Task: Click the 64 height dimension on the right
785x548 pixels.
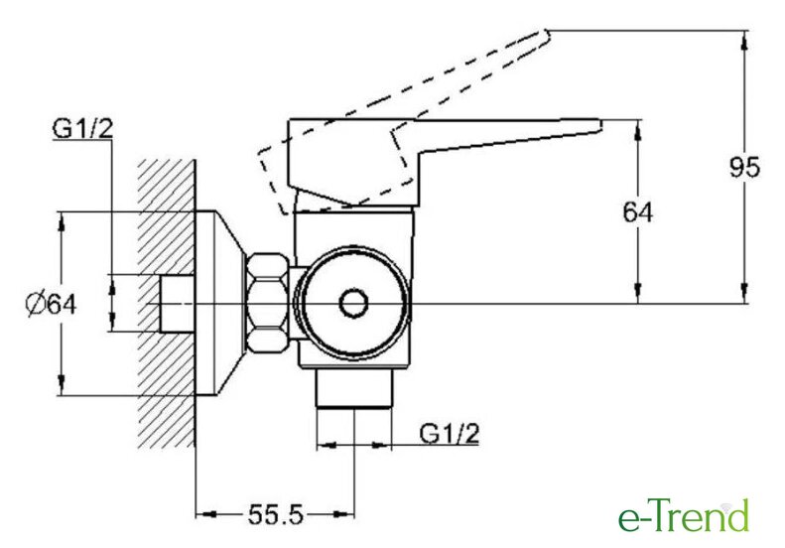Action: [x=636, y=211]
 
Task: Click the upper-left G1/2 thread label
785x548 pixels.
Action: [x=79, y=130]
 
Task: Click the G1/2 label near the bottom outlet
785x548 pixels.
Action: [x=450, y=434]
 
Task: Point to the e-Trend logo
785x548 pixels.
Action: [x=683, y=516]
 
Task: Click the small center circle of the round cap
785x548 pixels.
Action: [x=352, y=304]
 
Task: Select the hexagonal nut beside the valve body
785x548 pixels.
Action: [x=268, y=303]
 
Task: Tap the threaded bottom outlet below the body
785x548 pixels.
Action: [x=355, y=387]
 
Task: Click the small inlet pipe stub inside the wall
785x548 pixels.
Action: [x=176, y=304]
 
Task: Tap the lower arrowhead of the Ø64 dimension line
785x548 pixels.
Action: [x=63, y=388]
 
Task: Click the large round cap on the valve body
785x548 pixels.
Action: [x=352, y=303]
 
